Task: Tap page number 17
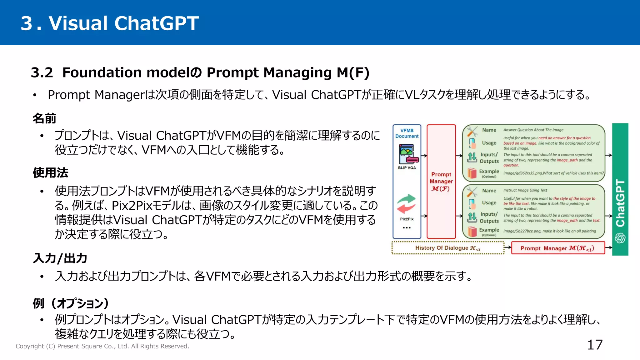click(595, 345)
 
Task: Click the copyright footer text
click(102, 346)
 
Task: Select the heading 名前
click(44, 118)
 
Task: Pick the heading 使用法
click(50, 172)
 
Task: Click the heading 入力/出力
click(60, 258)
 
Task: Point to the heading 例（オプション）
click(71, 303)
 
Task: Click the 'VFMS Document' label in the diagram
click(407, 133)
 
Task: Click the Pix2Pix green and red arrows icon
click(406, 204)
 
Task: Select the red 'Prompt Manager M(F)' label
click(441, 182)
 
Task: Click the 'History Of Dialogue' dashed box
click(447, 248)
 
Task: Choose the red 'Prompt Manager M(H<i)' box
click(557, 248)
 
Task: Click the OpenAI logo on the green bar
click(620, 238)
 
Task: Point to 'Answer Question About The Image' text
click(533, 130)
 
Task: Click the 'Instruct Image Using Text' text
click(525, 190)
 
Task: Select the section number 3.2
click(42, 72)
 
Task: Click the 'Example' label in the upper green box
click(489, 172)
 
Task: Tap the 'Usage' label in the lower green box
click(489, 203)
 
